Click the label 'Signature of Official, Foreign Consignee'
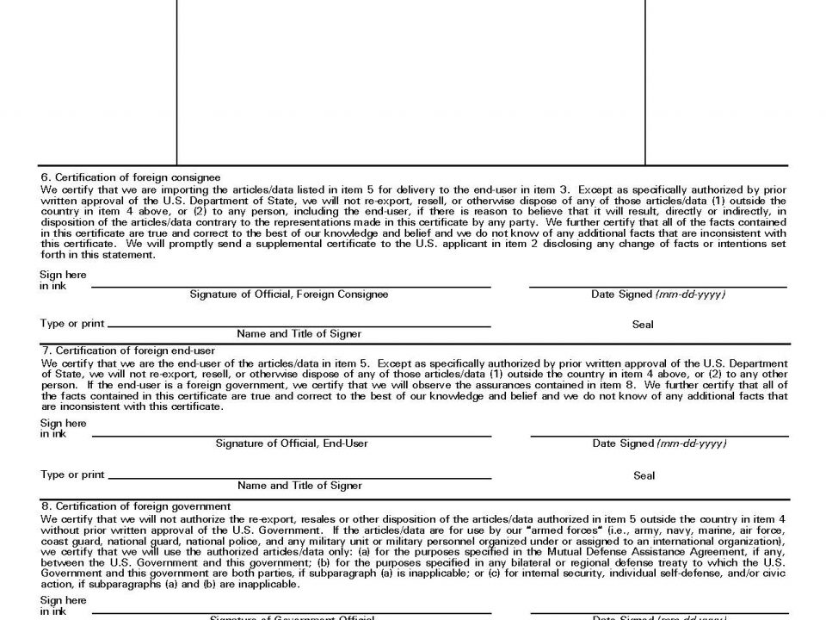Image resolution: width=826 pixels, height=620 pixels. [x=289, y=294]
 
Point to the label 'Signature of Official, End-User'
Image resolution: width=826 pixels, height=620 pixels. [x=292, y=443]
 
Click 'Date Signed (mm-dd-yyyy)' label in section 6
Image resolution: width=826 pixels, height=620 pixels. [x=658, y=294]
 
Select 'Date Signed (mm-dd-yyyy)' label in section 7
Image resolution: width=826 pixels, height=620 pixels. [x=659, y=443]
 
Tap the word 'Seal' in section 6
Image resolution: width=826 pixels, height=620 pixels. [x=643, y=325]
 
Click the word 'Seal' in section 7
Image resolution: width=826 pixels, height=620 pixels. [x=644, y=475]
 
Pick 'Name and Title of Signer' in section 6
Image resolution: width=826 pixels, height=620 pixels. [x=299, y=333]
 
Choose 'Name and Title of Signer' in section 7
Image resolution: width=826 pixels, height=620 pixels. [x=299, y=486]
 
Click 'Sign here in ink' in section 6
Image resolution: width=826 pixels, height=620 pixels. [x=63, y=280]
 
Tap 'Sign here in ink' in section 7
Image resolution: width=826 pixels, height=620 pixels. [x=63, y=429]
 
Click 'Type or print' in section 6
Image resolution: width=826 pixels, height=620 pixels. [x=72, y=324]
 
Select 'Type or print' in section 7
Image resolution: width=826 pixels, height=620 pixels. [x=72, y=474]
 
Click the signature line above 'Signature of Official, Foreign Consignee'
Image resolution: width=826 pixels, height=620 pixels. [x=290, y=287]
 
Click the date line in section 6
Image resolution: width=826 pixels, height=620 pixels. [x=658, y=287]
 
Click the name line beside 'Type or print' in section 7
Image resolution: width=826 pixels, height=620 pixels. [x=299, y=478]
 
